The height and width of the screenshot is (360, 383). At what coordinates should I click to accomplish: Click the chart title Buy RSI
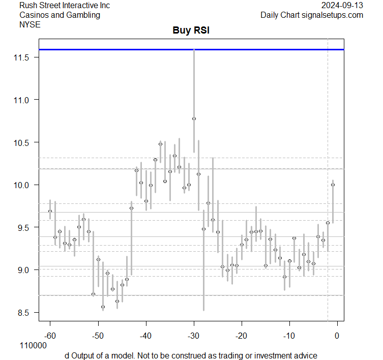point(191,31)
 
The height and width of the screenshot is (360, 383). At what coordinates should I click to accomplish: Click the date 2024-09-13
point(342,6)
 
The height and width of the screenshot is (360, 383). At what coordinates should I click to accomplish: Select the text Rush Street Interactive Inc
point(65,6)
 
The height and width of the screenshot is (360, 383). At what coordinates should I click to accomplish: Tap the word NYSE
point(30,24)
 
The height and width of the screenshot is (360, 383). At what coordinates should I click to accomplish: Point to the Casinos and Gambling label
point(60,15)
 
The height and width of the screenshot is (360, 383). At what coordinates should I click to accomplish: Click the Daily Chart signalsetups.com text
point(312,15)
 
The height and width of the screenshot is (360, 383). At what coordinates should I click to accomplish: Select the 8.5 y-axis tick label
point(24,312)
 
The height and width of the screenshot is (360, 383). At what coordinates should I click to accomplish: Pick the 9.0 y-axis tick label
point(24,270)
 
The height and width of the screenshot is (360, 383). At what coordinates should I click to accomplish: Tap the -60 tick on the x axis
point(50,335)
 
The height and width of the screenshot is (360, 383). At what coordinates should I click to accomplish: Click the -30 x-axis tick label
point(194,335)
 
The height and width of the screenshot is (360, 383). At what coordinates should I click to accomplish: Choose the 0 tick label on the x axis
point(337,335)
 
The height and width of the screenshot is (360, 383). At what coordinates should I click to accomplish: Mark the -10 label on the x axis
point(289,335)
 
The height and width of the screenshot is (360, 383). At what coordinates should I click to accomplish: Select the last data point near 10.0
point(333,185)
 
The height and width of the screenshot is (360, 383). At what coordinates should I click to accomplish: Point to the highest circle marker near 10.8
point(194,118)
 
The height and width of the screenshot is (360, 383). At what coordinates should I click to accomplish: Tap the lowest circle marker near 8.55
point(103,307)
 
